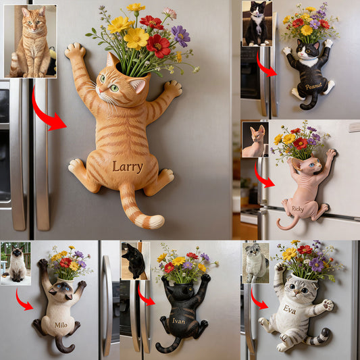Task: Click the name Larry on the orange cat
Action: point(128,167)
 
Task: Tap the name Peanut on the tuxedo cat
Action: point(313,86)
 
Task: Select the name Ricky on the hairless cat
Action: point(297,209)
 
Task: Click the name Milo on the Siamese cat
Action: point(61,324)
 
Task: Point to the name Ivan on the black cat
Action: point(178,321)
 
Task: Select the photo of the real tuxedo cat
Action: point(257,23)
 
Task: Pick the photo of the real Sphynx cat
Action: point(255,140)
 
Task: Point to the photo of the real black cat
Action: point(135,261)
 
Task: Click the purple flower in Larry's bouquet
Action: point(180,34)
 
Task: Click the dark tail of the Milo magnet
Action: point(63,345)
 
